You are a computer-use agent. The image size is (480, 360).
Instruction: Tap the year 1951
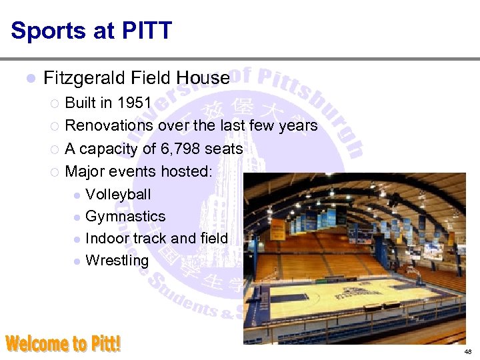(135, 103)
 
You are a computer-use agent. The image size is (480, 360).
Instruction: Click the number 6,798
(177, 149)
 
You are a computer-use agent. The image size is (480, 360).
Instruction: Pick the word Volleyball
(119, 195)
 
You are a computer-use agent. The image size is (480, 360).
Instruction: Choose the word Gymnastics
(125, 217)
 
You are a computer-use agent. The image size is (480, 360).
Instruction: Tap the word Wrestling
(117, 261)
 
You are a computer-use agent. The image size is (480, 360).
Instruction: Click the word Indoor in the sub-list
(107, 239)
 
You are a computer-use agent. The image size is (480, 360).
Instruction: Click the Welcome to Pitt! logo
(64, 343)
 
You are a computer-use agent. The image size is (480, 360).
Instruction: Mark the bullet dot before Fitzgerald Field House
(29, 79)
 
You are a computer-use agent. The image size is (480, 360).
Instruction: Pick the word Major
(85, 171)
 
